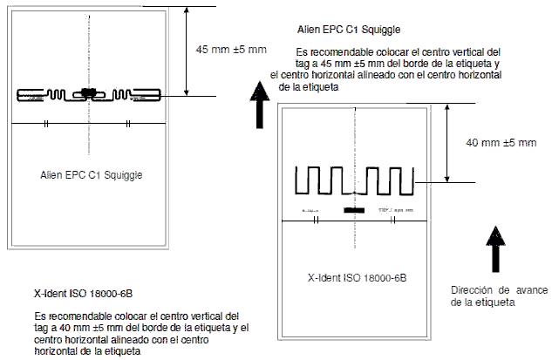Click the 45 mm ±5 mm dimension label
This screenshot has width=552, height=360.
point(231,49)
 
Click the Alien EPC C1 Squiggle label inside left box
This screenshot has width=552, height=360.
point(92,174)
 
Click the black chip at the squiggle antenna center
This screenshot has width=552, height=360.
point(88,92)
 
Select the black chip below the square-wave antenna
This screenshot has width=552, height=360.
point(354,211)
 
